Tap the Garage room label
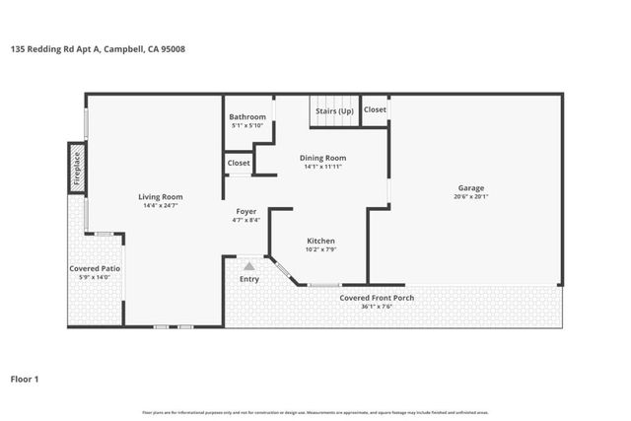pos(470,187)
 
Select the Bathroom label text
pos(247,117)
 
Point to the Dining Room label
pos(322,158)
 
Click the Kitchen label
pos(320,241)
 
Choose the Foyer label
pos(246,211)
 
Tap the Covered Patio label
pos(95,268)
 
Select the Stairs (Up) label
pos(334,111)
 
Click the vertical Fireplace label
pos(77,169)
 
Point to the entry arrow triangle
pos(249,265)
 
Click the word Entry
pos(249,279)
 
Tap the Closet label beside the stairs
pos(375,109)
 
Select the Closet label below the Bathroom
pos(239,163)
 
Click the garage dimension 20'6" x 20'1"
pos(470,196)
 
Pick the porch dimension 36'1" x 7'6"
pos(377,306)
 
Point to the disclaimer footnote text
pos(315,412)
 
